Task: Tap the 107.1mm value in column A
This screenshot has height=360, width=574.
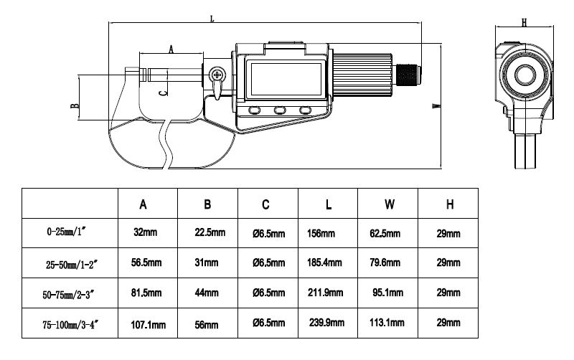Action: click(x=147, y=324)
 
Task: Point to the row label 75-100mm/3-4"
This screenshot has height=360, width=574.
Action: click(x=70, y=325)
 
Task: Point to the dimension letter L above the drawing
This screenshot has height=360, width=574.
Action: click(x=212, y=19)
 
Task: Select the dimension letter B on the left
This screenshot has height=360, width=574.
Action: click(x=74, y=105)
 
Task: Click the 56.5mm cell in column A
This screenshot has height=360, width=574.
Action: click(x=147, y=263)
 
